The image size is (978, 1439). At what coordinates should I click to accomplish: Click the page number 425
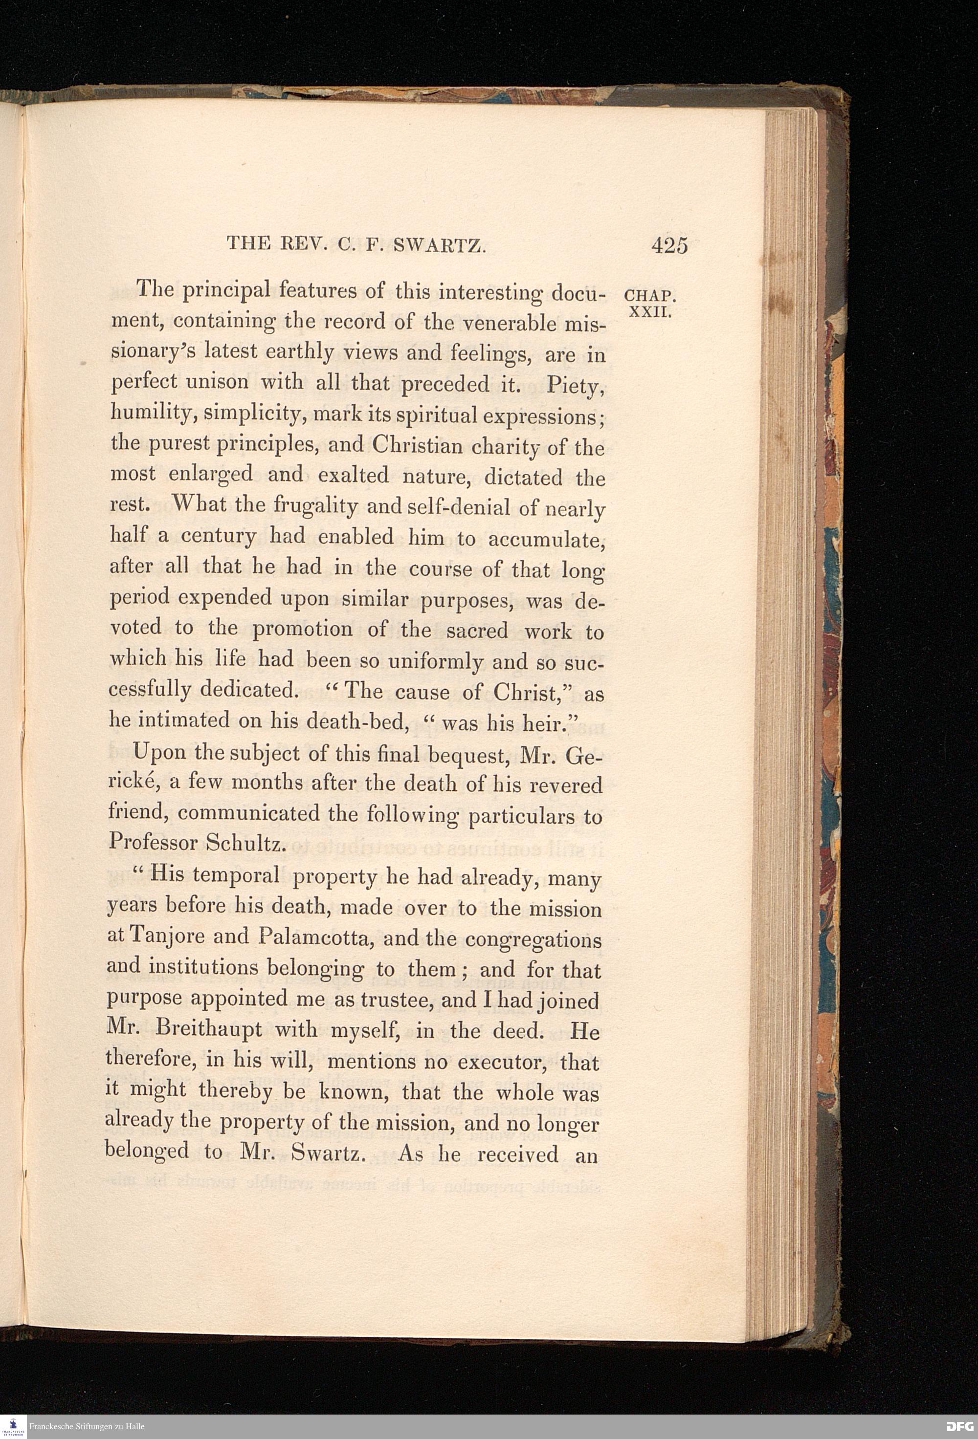(x=669, y=246)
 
